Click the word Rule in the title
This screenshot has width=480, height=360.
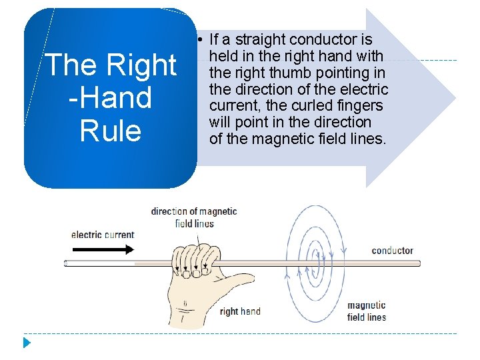(111, 130)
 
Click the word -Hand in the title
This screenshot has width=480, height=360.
(110, 97)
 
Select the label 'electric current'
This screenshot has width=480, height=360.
(103, 235)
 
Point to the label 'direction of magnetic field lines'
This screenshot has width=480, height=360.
(194, 217)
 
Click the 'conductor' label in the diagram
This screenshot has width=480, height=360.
(392, 251)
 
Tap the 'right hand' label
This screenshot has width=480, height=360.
(240, 311)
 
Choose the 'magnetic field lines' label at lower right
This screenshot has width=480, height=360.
(367, 311)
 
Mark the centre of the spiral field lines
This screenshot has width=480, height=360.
(321, 263)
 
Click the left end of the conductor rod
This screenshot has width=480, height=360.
(67, 263)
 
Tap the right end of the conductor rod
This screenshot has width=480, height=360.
(419, 263)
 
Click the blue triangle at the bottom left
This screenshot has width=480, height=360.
(27, 343)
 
